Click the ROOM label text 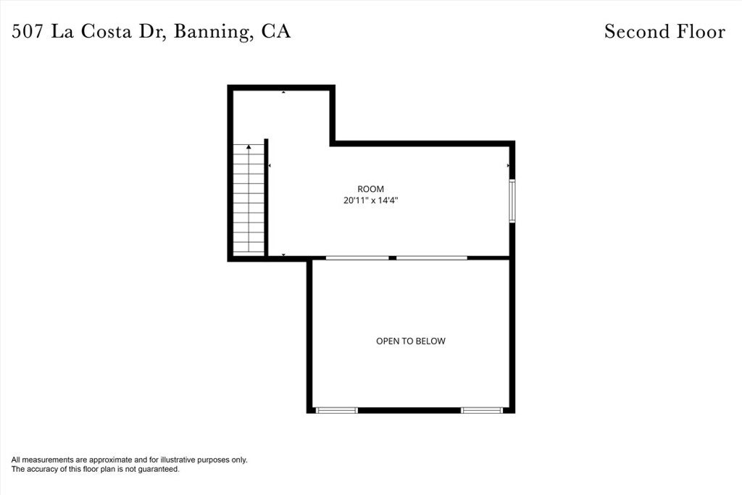pos(370,188)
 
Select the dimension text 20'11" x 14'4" pos(371,201)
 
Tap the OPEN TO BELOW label pos(410,341)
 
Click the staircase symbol pos(249,199)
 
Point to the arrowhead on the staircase pos(249,147)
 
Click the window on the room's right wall pos(512,201)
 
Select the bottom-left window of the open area pos(337,410)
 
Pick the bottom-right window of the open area pos(482,410)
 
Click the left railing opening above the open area pos(357,257)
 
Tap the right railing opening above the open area pos(432,257)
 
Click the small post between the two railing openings pos(392,257)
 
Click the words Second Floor pos(664,32)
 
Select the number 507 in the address pos(27,32)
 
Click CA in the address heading pos(275,32)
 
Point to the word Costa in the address pos(112,32)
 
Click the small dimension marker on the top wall pos(283,92)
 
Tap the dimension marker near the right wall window pos(508,166)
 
